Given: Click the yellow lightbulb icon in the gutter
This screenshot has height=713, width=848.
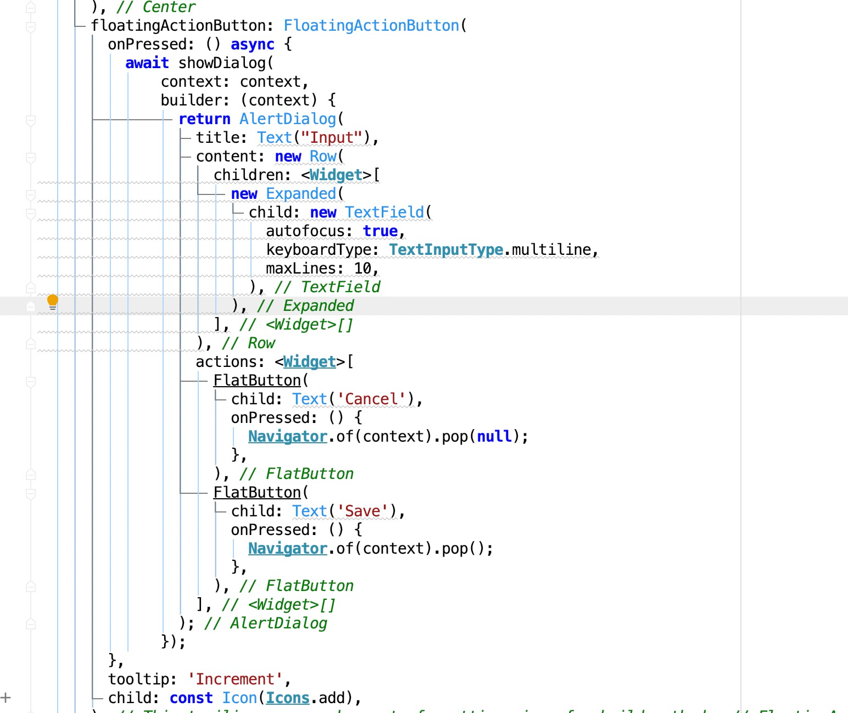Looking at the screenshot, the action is [x=52, y=302].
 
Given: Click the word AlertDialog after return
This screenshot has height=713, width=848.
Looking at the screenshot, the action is [x=287, y=119].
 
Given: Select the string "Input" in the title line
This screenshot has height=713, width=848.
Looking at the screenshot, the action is [x=332, y=138].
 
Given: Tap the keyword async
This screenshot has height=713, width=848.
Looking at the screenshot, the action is [x=252, y=44].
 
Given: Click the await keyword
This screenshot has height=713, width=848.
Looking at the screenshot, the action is [x=147, y=63].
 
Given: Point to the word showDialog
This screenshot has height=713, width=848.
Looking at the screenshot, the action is [x=222, y=63].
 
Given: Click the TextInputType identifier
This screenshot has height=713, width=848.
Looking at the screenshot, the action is [x=446, y=250].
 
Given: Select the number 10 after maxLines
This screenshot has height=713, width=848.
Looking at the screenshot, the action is [x=362, y=269].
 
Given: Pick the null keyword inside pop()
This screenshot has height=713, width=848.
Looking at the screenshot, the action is [x=494, y=437].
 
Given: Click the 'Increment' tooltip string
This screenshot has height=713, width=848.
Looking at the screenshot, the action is [x=235, y=679].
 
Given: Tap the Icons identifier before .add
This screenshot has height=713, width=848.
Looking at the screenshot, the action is [x=287, y=698].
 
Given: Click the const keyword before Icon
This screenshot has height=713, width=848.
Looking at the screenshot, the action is [x=191, y=698].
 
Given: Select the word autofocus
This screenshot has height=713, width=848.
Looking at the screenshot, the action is [x=305, y=231].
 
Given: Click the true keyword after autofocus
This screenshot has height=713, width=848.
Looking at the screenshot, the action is [x=380, y=231].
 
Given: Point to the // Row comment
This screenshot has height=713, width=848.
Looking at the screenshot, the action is [x=248, y=343].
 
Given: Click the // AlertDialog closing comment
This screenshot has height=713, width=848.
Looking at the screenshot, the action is [x=265, y=623].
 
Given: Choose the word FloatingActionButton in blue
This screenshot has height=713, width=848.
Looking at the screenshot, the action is [x=371, y=26].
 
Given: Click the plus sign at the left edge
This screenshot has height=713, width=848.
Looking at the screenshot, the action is [x=5, y=698].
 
